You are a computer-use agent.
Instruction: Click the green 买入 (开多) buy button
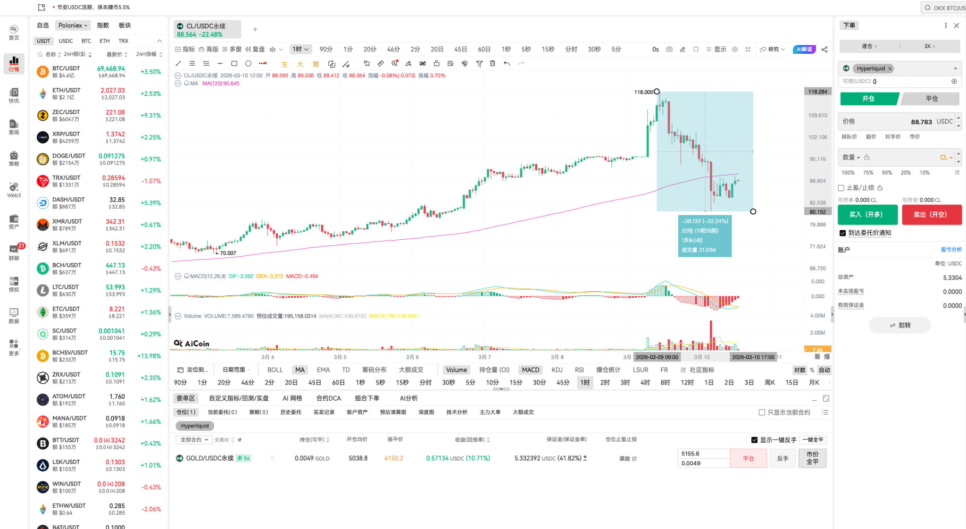coord(867,214)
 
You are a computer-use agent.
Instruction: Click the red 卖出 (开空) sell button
coord(931,214)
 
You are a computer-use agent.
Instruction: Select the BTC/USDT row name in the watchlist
coord(66,68)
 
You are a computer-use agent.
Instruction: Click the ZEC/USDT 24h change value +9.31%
coord(150,116)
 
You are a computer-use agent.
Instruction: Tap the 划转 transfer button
coord(899,325)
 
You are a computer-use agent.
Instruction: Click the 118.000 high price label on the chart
coord(643,92)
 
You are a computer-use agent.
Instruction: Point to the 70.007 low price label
coord(228,253)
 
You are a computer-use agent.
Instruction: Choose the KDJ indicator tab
coord(557,370)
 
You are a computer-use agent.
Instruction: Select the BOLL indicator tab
coord(275,370)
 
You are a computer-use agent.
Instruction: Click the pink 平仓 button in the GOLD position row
coord(748,458)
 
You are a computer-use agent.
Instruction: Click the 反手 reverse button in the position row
coord(783,458)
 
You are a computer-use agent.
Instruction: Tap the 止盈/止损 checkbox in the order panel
coord(841,188)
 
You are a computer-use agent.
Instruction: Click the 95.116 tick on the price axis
coord(818,159)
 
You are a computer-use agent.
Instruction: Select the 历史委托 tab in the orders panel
coord(291,412)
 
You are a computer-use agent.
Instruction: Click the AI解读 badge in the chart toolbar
coord(804,50)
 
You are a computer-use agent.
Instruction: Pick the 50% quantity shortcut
coord(887,173)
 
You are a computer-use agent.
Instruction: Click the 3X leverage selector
coord(929,46)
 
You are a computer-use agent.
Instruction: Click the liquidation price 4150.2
coord(393,458)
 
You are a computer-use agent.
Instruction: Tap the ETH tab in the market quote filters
coord(105,41)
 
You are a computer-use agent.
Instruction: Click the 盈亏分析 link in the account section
coord(951,250)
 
